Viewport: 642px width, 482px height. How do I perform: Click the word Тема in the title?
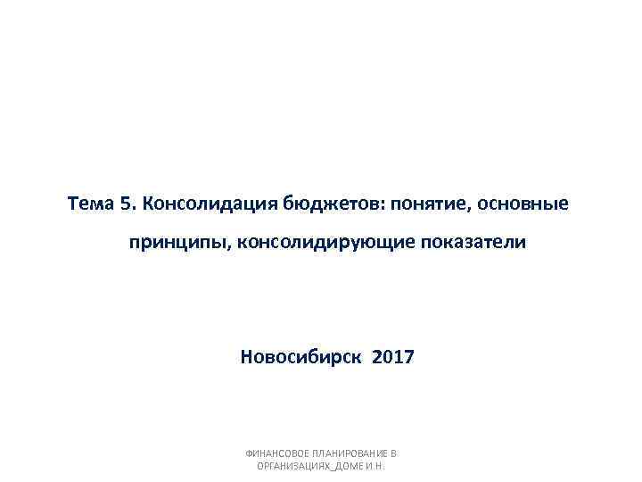click(x=89, y=204)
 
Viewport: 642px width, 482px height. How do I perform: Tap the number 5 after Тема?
click(x=124, y=204)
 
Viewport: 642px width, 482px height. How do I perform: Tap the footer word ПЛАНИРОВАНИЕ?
click(x=350, y=453)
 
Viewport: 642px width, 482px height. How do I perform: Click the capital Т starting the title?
click(x=72, y=204)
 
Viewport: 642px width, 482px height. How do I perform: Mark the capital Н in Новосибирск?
click(x=247, y=358)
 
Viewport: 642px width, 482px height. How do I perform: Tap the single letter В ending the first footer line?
click(x=394, y=453)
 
